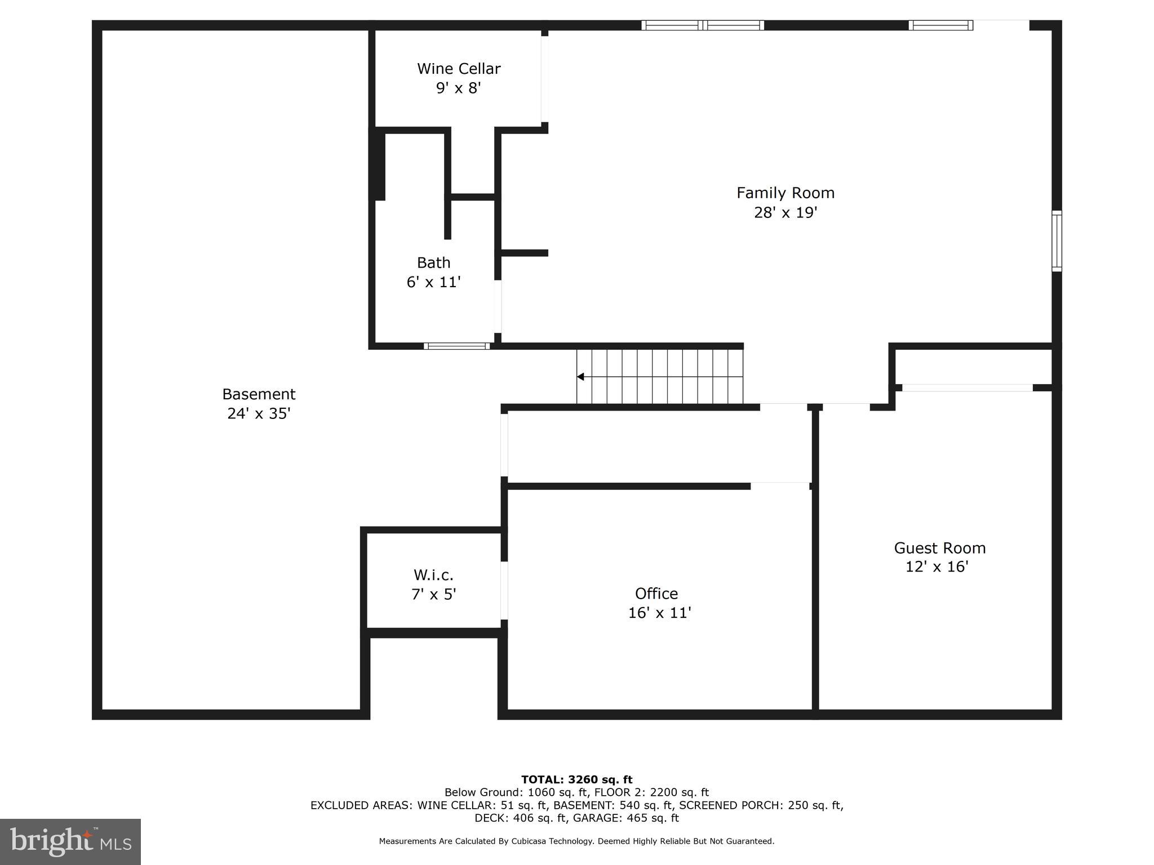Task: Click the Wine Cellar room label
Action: coord(459,69)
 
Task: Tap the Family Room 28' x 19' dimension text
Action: coord(785,213)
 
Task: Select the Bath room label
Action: coord(433,262)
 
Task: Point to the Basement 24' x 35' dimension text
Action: coord(259,414)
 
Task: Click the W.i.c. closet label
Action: coord(433,575)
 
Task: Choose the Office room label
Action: coord(656,594)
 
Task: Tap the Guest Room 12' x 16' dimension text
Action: coord(936,567)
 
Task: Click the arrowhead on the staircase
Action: coord(580,377)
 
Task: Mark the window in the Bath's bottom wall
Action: coord(457,346)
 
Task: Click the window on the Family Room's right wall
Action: coord(1057,241)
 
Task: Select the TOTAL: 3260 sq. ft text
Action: coord(576,780)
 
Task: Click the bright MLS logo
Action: coord(70,841)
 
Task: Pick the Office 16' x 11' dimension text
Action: coord(659,613)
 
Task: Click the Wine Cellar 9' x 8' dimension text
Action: coord(458,88)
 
